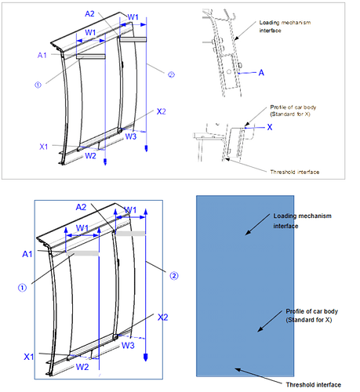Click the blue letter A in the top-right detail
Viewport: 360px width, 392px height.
click(x=261, y=73)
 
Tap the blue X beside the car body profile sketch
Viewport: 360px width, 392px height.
click(x=270, y=127)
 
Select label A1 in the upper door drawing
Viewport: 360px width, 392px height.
click(x=42, y=56)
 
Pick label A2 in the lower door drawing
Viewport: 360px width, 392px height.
click(x=81, y=207)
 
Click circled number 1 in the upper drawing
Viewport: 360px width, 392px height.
click(x=38, y=85)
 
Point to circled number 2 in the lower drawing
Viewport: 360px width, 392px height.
click(x=174, y=276)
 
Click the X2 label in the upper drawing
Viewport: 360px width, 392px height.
click(x=161, y=111)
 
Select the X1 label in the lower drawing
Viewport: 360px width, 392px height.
click(x=29, y=357)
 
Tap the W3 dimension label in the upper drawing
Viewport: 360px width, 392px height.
click(x=131, y=136)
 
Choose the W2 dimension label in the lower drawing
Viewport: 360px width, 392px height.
click(x=82, y=367)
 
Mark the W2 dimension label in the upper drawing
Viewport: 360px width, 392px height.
click(x=90, y=156)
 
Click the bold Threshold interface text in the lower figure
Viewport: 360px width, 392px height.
click(x=314, y=385)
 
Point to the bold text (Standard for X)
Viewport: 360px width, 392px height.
click(x=309, y=320)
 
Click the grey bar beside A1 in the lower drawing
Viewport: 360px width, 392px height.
click(x=82, y=253)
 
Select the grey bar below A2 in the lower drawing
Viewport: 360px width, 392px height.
click(x=130, y=234)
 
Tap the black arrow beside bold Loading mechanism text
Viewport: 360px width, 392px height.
click(x=257, y=224)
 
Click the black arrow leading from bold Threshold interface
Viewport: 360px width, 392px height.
click(x=259, y=376)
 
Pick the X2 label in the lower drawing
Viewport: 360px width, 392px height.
click(x=162, y=318)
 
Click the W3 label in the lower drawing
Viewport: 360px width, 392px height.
click(x=128, y=346)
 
